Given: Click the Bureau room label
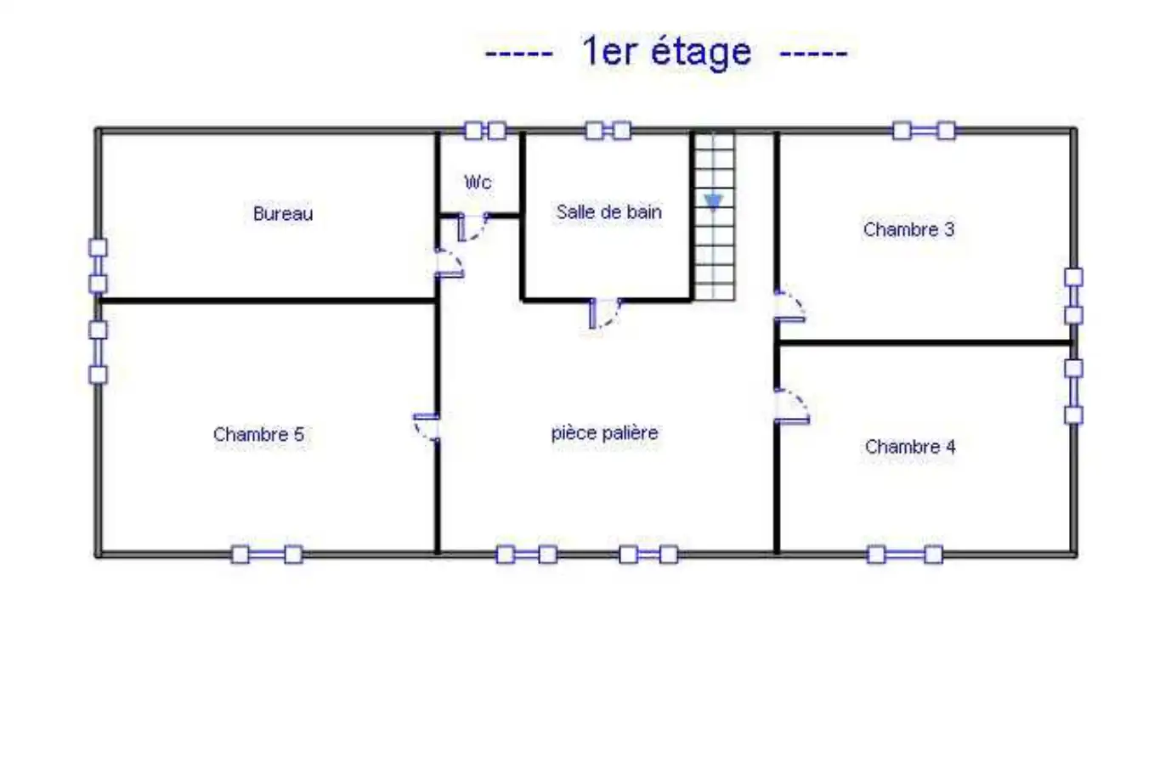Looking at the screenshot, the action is (x=283, y=213).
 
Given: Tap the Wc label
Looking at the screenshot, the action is (x=478, y=182).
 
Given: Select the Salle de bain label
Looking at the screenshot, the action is (x=609, y=211).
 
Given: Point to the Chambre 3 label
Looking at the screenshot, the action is (x=908, y=229).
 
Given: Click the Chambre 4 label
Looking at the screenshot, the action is (x=910, y=447).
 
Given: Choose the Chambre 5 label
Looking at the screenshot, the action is (x=258, y=434).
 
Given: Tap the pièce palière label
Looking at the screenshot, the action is (x=605, y=433).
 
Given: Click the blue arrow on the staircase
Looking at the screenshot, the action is (x=714, y=202).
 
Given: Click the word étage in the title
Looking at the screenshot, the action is (x=701, y=52).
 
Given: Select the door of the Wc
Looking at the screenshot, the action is (x=473, y=227).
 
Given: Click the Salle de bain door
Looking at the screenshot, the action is (x=606, y=313).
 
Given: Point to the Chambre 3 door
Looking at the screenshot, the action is (x=789, y=306).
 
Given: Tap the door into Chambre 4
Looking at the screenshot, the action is (x=792, y=407).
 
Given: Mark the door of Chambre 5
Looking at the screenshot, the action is (x=427, y=427).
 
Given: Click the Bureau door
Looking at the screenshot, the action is (x=450, y=263).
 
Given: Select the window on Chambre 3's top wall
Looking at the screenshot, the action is (x=924, y=131).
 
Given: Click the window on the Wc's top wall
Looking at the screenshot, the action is (x=484, y=131).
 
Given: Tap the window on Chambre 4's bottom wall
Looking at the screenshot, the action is (x=905, y=555).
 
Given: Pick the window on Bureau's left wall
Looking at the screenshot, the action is (x=98, y=266).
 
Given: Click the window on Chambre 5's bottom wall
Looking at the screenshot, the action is (x=266, y=555).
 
